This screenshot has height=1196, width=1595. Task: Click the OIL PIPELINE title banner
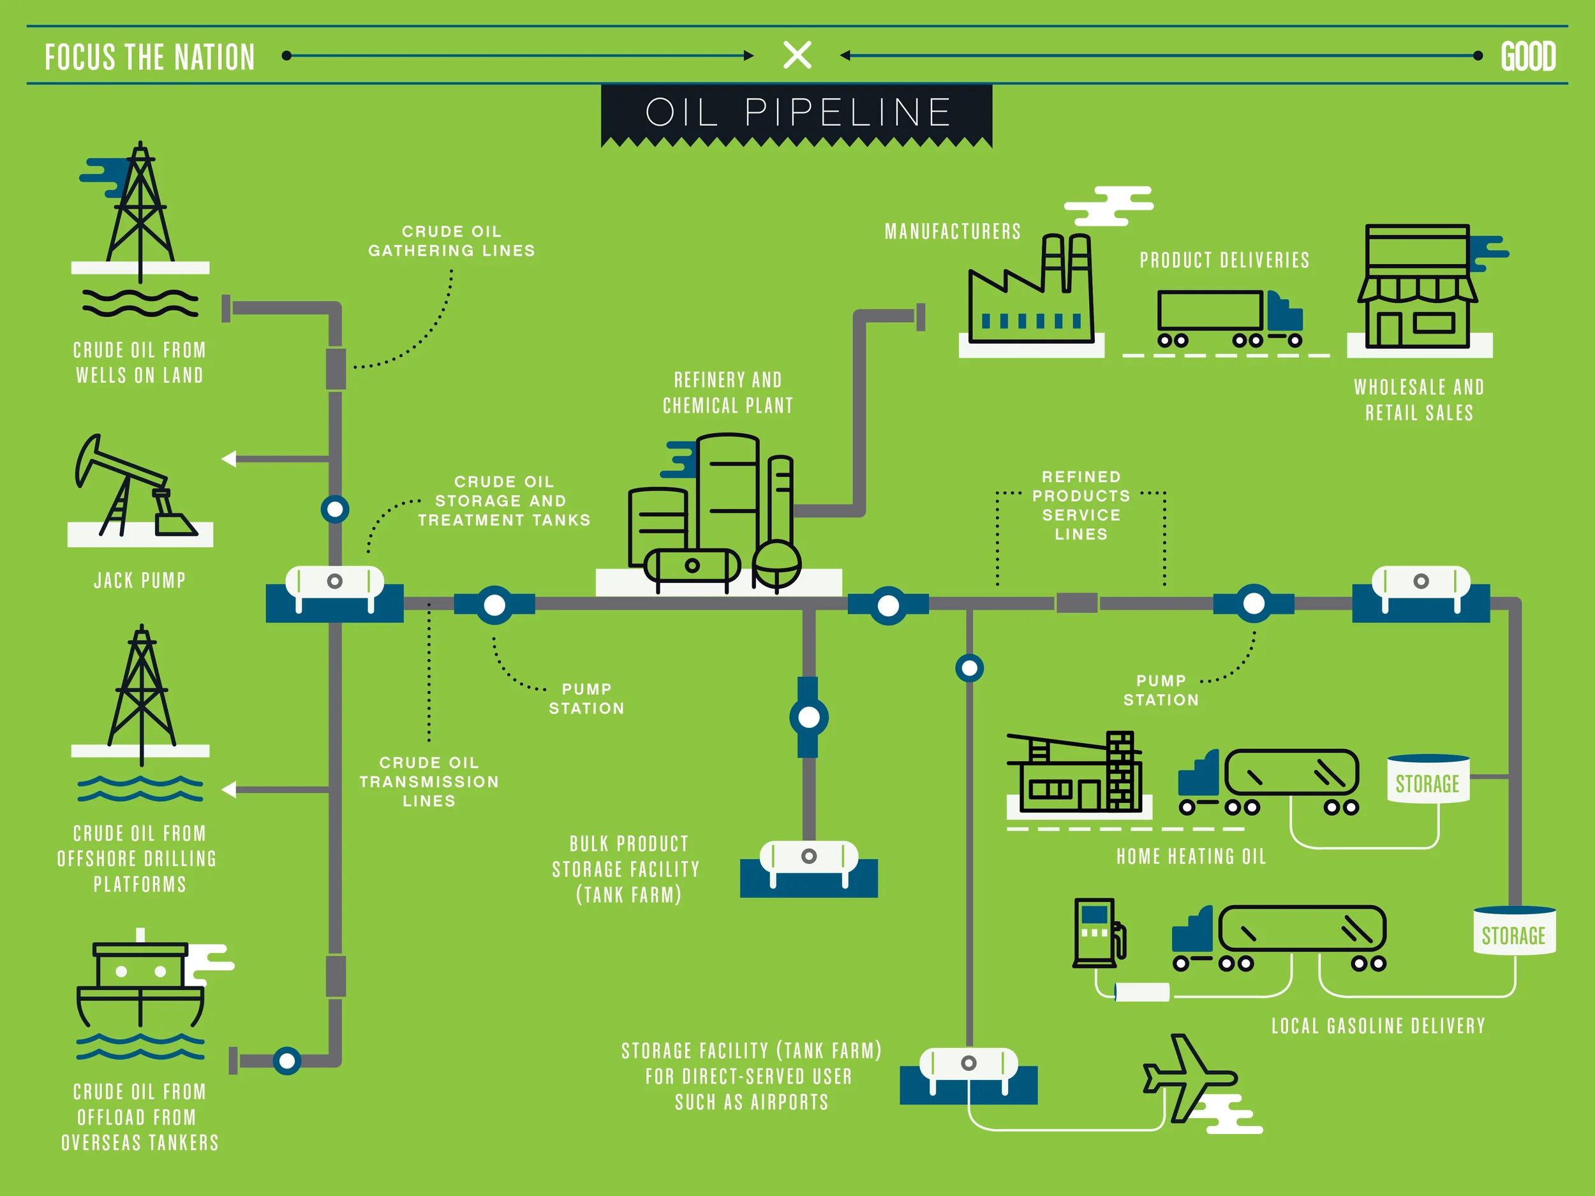tap(797, 113)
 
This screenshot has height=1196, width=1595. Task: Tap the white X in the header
tap(797, 55)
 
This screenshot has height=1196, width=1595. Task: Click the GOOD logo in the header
tap(1528, 56)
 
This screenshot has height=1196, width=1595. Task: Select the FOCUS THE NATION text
tap(150, 57)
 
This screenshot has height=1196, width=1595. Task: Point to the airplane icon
tap(1190, 1078)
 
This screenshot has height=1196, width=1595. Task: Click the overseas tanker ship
tap(140, 987)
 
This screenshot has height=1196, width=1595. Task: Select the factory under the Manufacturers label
tap(1031, 295)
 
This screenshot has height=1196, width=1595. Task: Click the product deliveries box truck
tap(1229, 317)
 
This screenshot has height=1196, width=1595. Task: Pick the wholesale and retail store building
tap(1418, 288)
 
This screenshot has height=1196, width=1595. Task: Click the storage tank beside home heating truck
tap(1428, 780)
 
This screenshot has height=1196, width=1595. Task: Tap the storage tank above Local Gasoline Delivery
tap(1513, 931)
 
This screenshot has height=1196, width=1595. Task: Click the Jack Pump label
tap(140, 580)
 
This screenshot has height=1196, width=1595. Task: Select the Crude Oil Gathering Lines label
tap(452, 240)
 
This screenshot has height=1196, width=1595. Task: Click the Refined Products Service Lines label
tap(1081, 505)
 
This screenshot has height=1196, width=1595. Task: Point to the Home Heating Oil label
tap(1191, 857)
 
